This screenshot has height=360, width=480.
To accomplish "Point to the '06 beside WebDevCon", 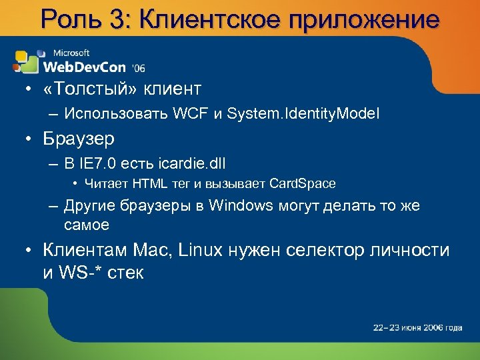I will (x=139, y=68).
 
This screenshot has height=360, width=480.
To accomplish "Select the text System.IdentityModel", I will (x=303, y=115).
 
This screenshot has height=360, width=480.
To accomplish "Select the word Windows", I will (x=241, y=205).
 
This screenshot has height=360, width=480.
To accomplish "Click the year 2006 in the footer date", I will (x=433, y=327).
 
